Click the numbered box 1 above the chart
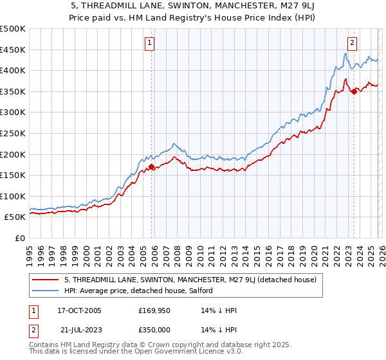pyautogui.click(x=149, y=43)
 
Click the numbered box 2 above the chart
pyautogui.click(x=353, y=43)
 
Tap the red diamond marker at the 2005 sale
pyautogui.click(x=152, y=166)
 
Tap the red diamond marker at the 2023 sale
pyautogui.click(x=354, y=91)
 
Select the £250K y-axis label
pyautogui.click(x=13, y=134)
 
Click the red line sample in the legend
pyautogui.click(x=46, y=280)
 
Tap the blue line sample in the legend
pyautogui.click(x=46, y=291)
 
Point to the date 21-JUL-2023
pyautogui.click(x=78, y=330)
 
